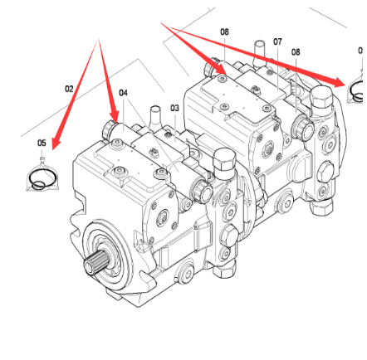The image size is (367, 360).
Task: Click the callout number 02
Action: [x=69, y=89]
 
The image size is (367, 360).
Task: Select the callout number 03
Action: [x=174, y=108]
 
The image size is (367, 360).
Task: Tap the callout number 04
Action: [x=123, y=93]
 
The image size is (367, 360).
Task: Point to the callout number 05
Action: [x=42, y=143]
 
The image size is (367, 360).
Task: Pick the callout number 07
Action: [x=277, y=41]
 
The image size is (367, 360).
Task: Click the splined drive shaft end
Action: [x=94, y=263]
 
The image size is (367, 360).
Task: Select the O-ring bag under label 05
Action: [x=42, y=177]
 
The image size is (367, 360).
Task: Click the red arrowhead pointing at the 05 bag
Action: [x=56, y=144]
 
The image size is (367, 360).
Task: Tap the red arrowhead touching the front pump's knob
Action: [x=115, y=116]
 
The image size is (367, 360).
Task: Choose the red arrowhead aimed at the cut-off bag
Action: [x=340, y=82]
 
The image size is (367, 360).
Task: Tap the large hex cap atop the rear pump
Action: [x=321, y=97]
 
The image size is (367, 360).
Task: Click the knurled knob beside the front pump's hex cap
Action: [x=201, y=190]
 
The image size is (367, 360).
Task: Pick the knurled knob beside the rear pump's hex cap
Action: [x=302, y=128]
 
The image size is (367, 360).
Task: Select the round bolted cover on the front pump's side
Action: [x=163, y=218]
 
